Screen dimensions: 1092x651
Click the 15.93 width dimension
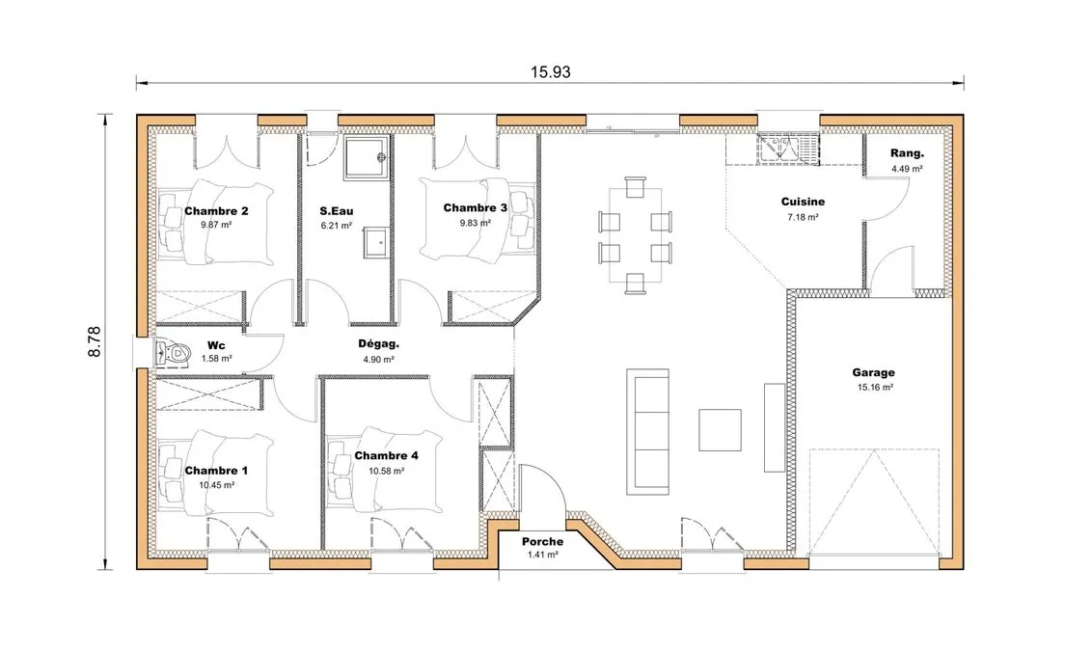coord(550,72)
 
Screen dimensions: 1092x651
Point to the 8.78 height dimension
coord(95,341)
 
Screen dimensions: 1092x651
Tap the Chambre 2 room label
coord(217,211)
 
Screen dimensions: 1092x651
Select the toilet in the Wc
coord(172,353)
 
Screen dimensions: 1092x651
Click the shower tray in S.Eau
coord(367,158)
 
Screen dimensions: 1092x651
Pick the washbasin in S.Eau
coord(377,242)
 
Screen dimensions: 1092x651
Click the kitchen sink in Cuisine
coord(788,149)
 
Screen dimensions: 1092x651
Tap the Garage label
coord(873,373)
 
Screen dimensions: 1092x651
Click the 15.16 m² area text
coord(875,388)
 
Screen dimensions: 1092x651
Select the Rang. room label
coord(907,154)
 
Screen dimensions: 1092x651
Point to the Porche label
coord(542,542)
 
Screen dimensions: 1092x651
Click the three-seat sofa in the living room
coord(647,432)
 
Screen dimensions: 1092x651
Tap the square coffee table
coord(720,429)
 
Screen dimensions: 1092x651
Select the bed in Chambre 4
coord(385,471)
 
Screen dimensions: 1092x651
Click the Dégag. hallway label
coord(379,344)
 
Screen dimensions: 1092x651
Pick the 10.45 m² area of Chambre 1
coord(217,485)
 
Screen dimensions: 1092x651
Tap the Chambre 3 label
coord(475,208)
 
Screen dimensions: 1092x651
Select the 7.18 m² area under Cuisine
coord(803,217)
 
